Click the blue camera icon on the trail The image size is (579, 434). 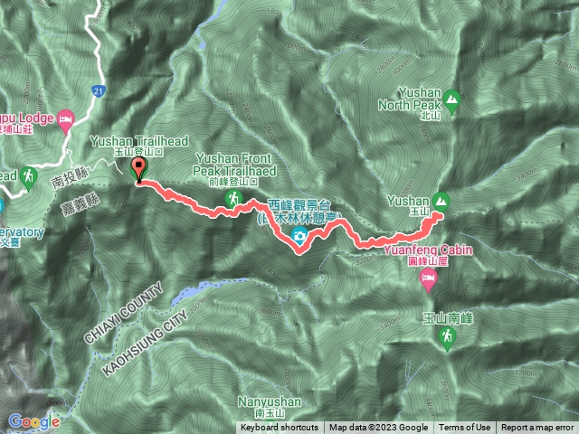pos(299,238)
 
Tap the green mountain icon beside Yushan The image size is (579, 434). pos(441,200)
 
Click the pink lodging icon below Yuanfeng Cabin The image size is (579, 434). pos(430,286)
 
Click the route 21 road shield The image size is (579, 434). pos(99,90)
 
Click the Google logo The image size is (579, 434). pos(34,421)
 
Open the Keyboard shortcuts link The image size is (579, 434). pos(280,428)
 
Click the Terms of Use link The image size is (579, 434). pos(465,428)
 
